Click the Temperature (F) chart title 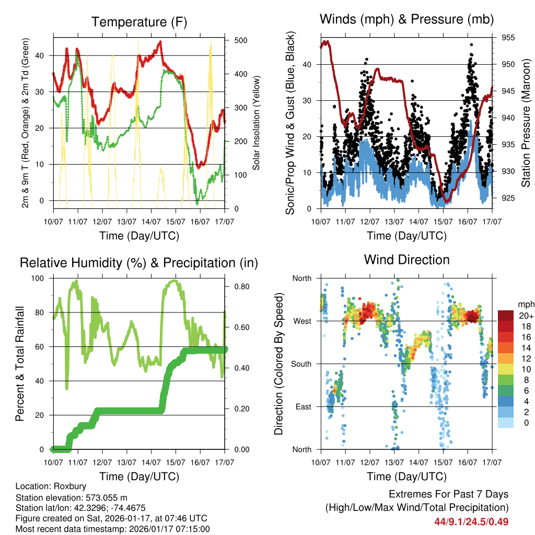click(x=139, y=22)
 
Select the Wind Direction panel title click(x=406, y=260)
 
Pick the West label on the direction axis click(x=302, y=321)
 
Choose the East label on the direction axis click(x=303, y=406)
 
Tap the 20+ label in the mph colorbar click(x=526, y=316)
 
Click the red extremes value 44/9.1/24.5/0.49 click(x=471, y=521)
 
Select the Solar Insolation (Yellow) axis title click(x=257, y=123)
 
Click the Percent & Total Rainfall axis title click(x=19, y=364)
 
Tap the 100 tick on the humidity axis click(x=39, y=278)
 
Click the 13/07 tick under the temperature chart click(x=126, y=222)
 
